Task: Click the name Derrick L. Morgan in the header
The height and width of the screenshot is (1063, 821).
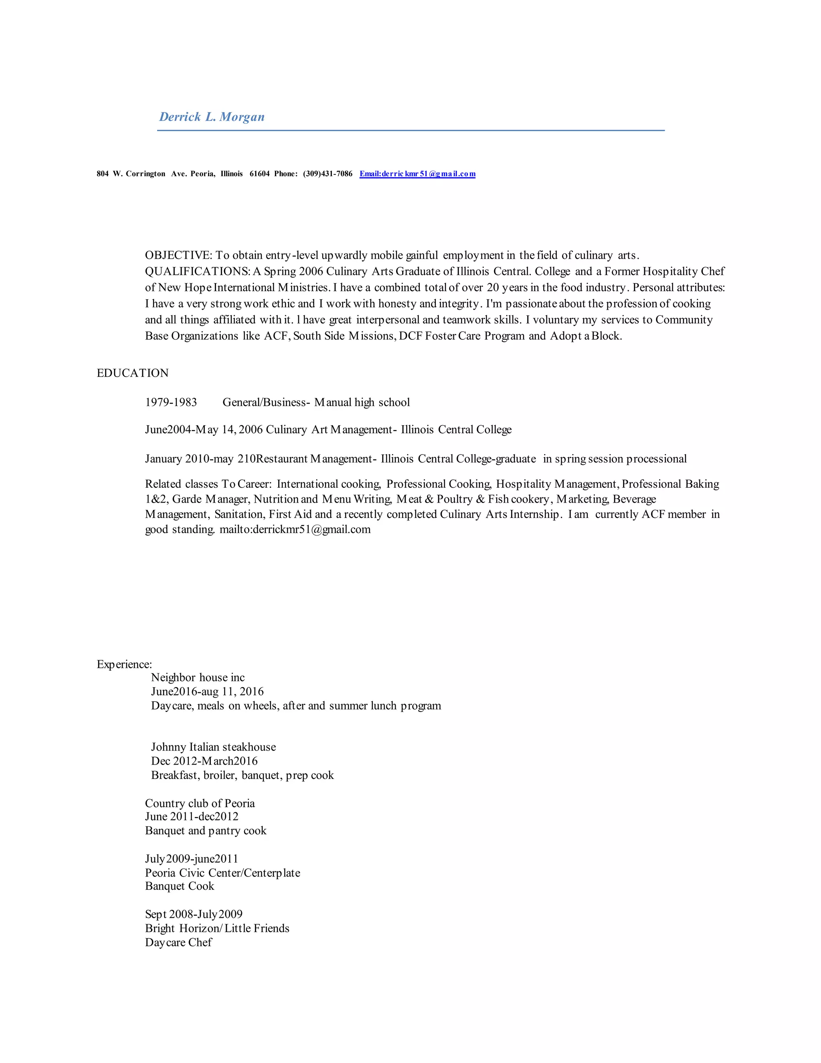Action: click(212, 117)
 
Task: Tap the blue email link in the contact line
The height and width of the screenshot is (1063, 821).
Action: click(417, 174)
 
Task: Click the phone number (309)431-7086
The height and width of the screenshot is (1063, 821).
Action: click(328, 174)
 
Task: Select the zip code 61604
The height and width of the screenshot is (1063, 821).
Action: click(259, 174)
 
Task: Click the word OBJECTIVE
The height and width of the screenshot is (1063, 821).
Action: click(178, 255)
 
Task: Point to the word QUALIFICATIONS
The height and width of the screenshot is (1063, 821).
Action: click(197, 271)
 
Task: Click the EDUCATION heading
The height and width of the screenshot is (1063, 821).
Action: click(133, 373)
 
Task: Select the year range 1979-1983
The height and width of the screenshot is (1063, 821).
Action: click(171, 402)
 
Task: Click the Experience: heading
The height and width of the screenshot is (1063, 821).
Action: click(125, 664)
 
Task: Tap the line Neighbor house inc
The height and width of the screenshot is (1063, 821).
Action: click(198, 678)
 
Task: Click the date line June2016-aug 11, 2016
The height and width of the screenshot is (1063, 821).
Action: click(207, 692)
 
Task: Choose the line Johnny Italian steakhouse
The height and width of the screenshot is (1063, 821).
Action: click(214, 747)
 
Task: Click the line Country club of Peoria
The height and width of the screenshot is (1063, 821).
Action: click(200, 803)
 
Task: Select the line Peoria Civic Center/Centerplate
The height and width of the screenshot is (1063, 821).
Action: click(223, 873)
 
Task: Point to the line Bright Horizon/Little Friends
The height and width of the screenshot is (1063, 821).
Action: click(217, 928)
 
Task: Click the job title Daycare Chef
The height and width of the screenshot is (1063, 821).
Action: click(178, 942)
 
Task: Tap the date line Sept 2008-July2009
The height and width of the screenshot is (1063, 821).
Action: click(194, 914)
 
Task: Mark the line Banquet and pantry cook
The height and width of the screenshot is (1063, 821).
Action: click(206, 830)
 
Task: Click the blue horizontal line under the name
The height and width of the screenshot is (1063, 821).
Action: click(410, 130)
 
